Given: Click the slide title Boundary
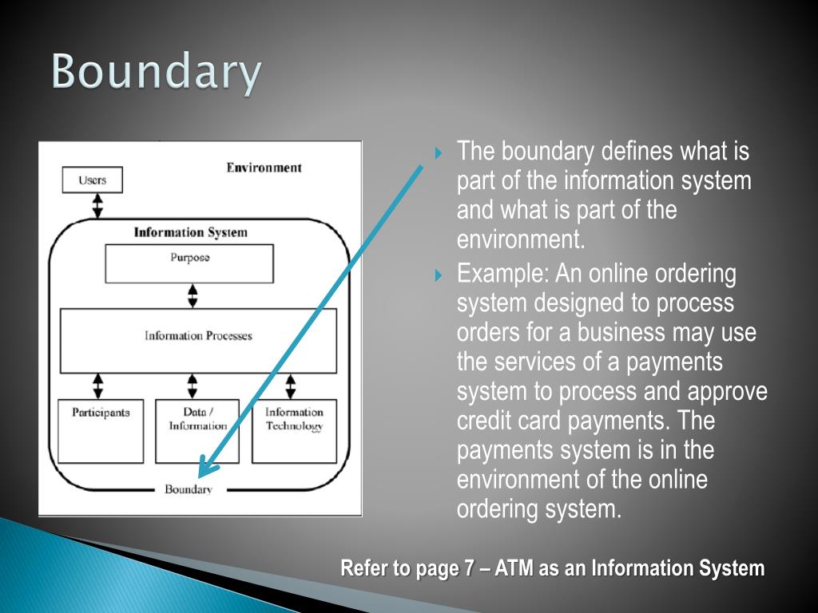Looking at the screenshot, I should point(157,73).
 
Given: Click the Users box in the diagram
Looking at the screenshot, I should point(93,180).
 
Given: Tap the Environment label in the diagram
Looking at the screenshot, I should point(264,168).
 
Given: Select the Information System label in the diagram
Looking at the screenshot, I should point(190,232).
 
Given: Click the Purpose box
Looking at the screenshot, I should point(189,263).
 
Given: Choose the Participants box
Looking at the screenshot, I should point(101,431).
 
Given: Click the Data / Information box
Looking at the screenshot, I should point(197,431).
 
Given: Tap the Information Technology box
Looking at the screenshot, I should point(294,431).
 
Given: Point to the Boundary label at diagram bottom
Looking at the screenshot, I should point(189,489).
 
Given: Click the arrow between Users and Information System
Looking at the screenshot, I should point(97,205).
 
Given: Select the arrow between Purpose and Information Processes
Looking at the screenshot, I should point(192,295).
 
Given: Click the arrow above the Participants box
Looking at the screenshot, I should point(98,386).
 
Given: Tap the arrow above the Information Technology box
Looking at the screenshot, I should point(290,386).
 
